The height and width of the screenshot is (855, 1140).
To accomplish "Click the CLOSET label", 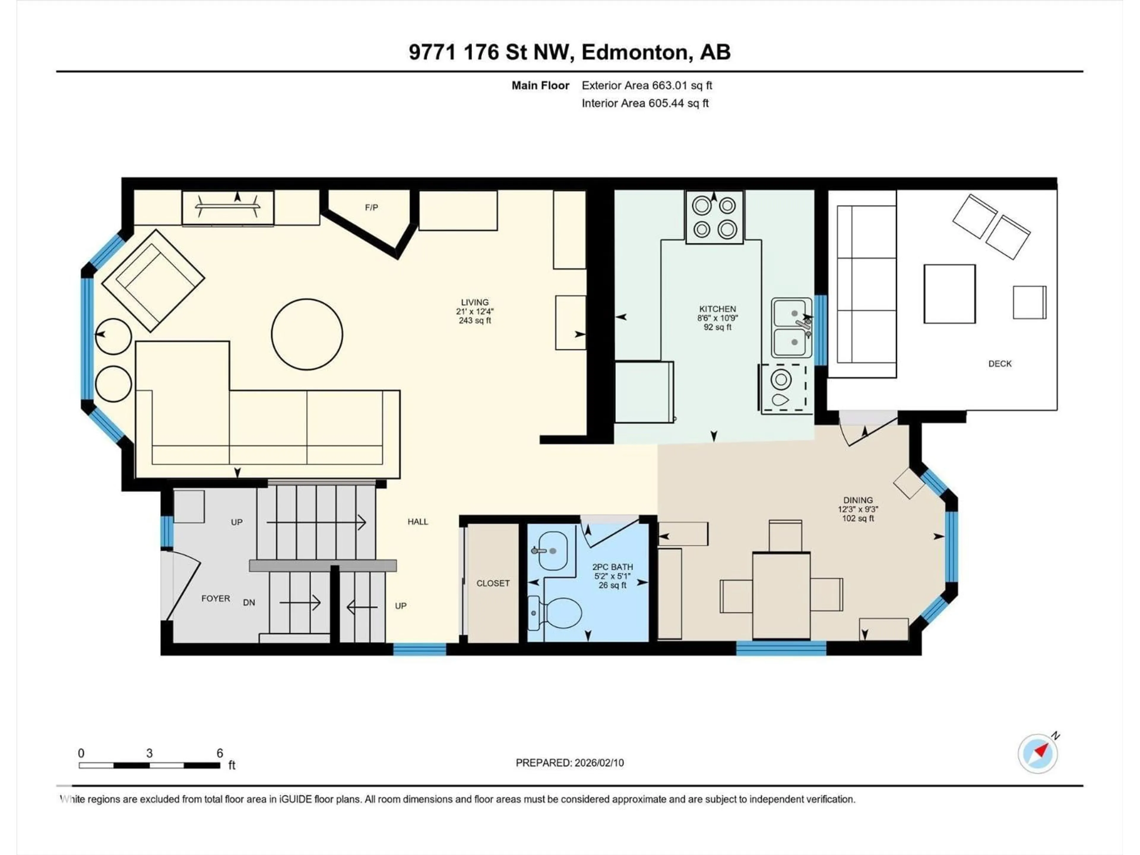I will point(493,583).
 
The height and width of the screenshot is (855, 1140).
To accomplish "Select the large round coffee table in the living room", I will point(307,334).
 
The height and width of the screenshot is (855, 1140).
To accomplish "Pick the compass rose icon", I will point(1038,753).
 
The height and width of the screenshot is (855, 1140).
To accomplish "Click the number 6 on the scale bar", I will point(220,753).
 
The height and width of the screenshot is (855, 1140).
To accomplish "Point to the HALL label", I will point(417,522).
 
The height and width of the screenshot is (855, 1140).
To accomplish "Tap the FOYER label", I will point(216,598).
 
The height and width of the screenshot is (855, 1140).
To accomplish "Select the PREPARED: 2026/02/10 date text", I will point(569,763).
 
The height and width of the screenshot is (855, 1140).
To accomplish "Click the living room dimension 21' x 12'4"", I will point(475,311).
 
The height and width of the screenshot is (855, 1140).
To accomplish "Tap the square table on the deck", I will point(949,294).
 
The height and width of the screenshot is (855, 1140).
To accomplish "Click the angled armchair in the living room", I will point(153,280).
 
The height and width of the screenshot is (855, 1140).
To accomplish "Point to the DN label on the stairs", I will point(249,602).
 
